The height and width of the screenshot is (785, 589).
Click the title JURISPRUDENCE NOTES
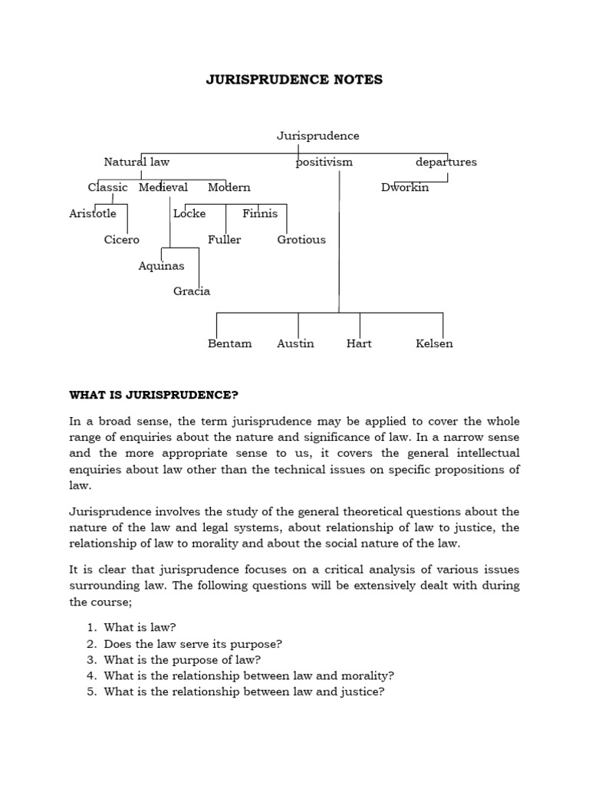[294, 80]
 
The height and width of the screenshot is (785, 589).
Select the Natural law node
[137, 162]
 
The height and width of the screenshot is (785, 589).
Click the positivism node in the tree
[324, 162]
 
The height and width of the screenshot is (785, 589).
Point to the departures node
[446, 162]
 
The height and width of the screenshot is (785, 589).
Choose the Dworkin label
[405, 187]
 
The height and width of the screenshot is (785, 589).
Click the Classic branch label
[107, 187]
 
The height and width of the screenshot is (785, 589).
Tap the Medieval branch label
[163, 187]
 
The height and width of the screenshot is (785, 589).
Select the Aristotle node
[93, 213]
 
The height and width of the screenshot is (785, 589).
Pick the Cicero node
[122, 239]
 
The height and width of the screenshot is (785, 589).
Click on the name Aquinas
[161, 265]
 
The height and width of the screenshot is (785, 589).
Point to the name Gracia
[192, 291]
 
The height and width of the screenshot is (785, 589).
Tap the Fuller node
[224, 239]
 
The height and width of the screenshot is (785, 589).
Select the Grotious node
[301, 239]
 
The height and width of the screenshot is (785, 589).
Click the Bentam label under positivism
[229, 343]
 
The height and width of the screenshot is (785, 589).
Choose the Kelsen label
[434, 343]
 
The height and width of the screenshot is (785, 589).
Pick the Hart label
[359, 343]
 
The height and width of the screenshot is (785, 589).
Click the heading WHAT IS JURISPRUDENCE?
[154, 395]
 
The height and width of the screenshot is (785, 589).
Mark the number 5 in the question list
[91, 691]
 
